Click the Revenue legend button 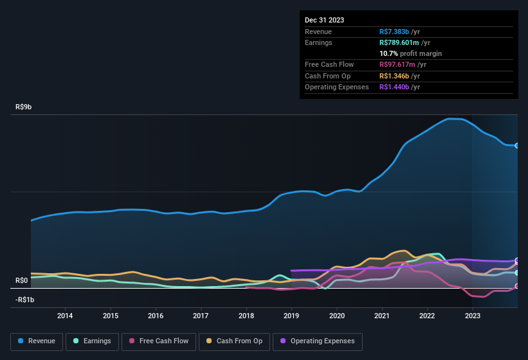click(37, 341)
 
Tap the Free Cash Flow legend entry click(159, 341)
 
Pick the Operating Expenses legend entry click(318, 341)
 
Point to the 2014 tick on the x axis click(65, 316)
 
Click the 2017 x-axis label click(201, 316)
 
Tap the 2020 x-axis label click(337, 316)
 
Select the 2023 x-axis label click(473, 316)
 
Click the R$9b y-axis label click(23, 107)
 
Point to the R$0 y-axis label click(22, 280)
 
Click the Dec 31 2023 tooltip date click(324, 20)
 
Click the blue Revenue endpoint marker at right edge click(517, 145)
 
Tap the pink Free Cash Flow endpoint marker click(517, 286)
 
